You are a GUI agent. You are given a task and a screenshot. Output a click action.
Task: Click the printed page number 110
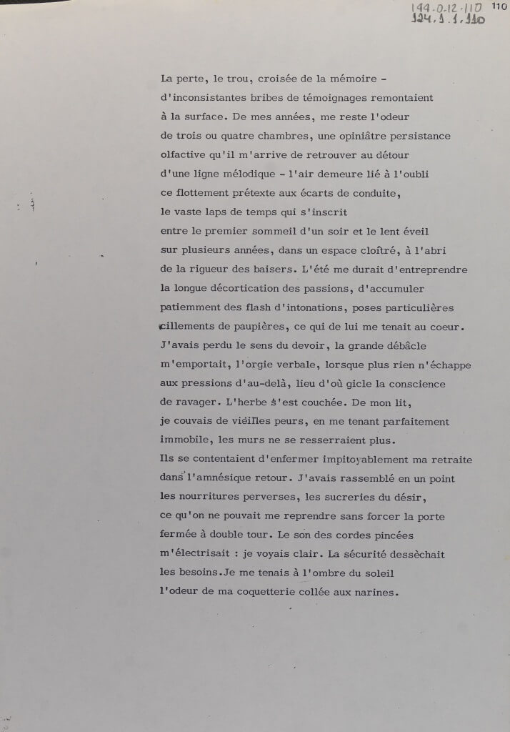click(x=498, y=6)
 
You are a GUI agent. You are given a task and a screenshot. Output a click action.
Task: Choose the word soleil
click(x=372, y=573)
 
